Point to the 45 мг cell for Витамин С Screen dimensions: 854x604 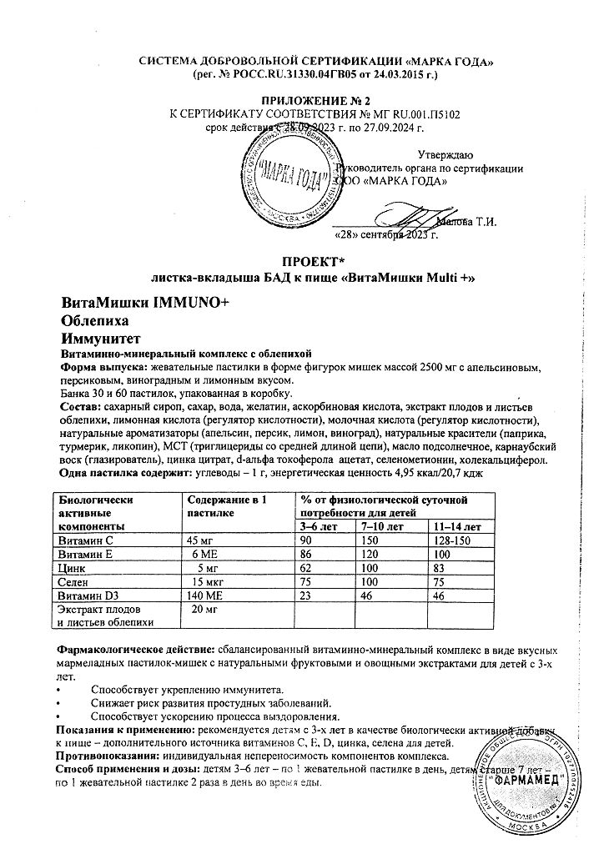coord(205,540)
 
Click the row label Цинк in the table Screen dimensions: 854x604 coord(73,567)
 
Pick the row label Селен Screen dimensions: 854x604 coord(76,580)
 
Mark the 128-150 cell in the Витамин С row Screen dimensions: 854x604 coord(454,540)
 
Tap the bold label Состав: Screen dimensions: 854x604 coord(79,405)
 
